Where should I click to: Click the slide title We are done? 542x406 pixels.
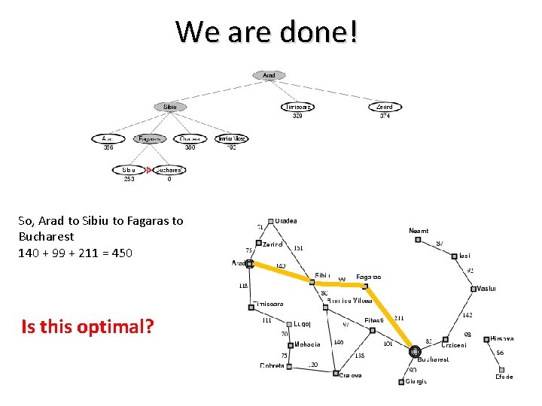pos(268,32)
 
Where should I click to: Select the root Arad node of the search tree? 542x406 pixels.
pos(269,75)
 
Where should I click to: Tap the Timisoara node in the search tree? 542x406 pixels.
pos(297,107)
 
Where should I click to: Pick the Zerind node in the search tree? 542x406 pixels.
pos(384,107)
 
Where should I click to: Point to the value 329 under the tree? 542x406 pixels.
pos(297,116)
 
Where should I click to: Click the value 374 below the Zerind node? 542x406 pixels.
pos(385,116)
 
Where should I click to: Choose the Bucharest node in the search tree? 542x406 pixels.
pos(169,171)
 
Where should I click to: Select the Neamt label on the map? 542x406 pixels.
pos(419,231)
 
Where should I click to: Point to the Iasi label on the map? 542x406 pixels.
pos(464,256)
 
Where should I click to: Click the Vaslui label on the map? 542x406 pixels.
pos(486,289)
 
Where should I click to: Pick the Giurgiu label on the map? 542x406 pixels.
pos(416,381)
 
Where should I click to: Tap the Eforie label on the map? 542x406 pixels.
pos(504,377)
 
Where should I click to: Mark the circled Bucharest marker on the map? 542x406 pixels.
pos(414,351)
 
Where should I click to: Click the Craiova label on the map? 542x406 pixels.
pos(351,374)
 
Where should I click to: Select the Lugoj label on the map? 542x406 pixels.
pos(302,324)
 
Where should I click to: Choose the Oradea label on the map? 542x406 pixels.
pos(285,221)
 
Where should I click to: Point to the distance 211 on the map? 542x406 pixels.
pos(399,318)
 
